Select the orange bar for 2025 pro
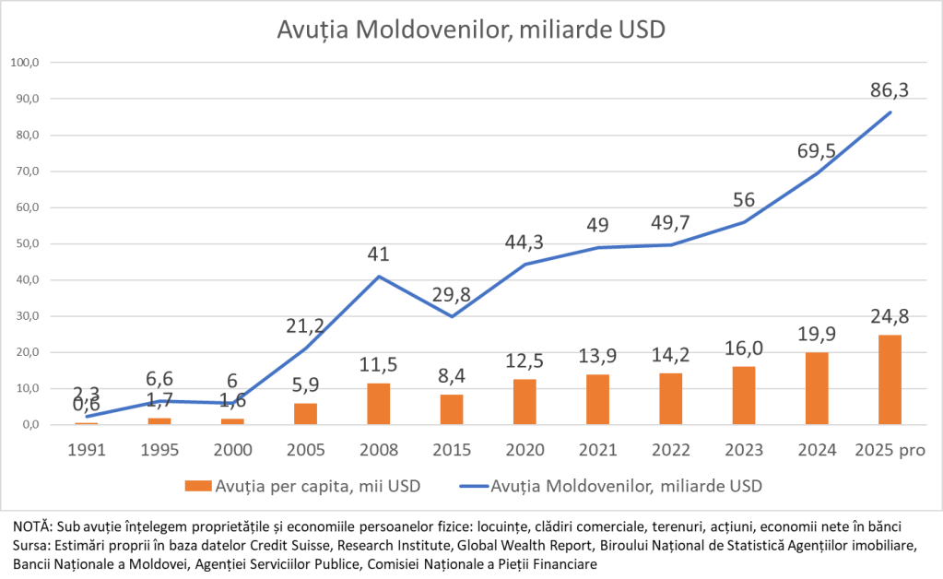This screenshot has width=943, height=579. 890,380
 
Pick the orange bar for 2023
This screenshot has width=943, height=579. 744,396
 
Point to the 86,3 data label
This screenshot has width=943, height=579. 890,90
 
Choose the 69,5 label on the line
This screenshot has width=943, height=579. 817,151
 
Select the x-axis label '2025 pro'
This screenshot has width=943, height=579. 890,450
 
